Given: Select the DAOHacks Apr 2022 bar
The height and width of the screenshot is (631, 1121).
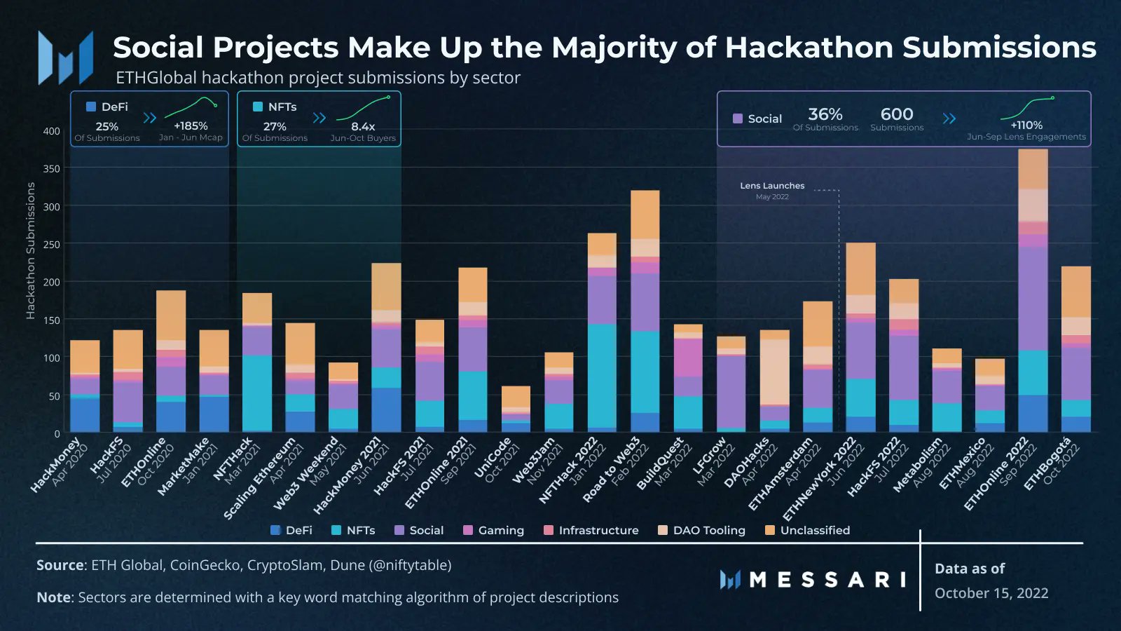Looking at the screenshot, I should [774, 382].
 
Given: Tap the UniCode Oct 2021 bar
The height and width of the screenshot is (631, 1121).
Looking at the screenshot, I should [516, 410].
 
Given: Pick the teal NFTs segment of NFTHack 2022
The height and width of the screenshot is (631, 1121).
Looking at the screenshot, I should [602, 375].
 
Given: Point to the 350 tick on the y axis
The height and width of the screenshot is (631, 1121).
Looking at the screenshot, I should [51, 169].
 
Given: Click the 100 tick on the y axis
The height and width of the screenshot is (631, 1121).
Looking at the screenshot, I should [51, 358].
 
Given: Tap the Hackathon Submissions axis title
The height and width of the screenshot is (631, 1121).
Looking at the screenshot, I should [30, 250].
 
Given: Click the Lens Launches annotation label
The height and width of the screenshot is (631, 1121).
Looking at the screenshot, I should [772, 186].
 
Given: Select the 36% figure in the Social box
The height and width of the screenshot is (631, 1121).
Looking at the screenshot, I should [825, 114].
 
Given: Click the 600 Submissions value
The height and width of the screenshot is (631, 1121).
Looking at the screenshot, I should [897, 114].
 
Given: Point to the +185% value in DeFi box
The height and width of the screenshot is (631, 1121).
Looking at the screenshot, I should [191, 126].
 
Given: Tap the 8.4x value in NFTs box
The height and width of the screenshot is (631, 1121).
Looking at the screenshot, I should [363, 127].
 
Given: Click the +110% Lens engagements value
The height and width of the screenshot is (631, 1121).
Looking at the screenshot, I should [1026, 125].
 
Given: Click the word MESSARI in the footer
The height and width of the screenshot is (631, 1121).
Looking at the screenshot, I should [827, 580].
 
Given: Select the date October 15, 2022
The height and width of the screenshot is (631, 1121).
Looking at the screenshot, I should [991, 593].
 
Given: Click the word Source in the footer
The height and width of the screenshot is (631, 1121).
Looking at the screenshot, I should [60, 565].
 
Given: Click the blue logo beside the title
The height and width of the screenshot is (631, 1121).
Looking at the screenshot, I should [66, 57].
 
